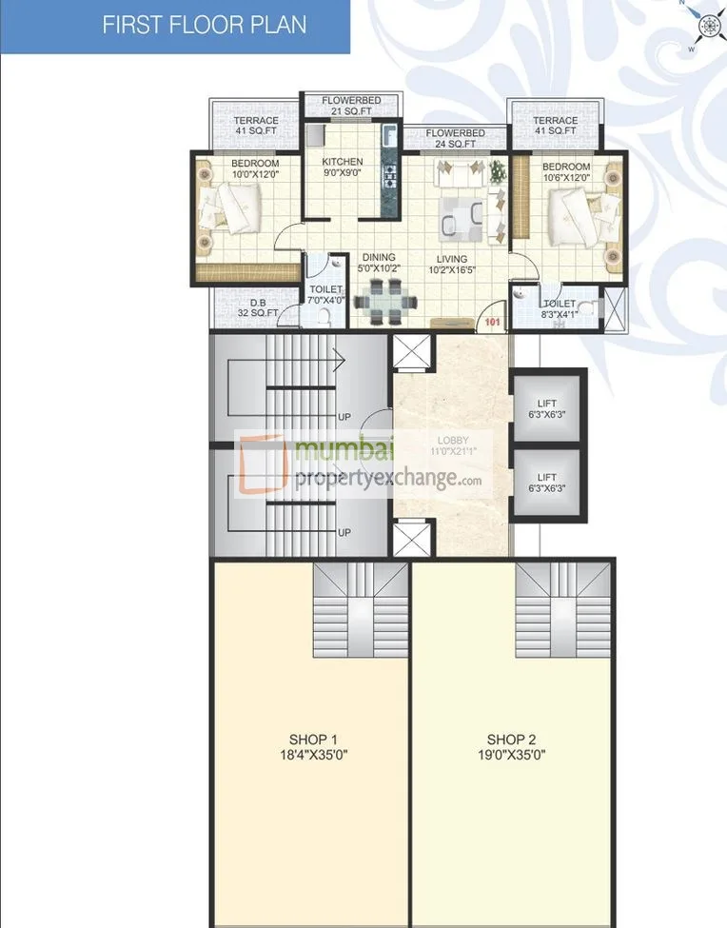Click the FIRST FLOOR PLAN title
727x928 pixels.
(x=205, y=24)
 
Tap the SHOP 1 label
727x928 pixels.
(x=313, y=740)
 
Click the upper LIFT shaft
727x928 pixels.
(x=547, y=406)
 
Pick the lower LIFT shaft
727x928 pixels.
(x=547, y=483)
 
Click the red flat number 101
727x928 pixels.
(x=492, y=322)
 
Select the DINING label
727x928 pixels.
(x=379, y=258)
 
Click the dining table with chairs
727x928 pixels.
(x=385, y=302)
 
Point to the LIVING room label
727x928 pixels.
(x=452, y=259)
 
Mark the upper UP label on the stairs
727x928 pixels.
(x=344, y=416)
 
